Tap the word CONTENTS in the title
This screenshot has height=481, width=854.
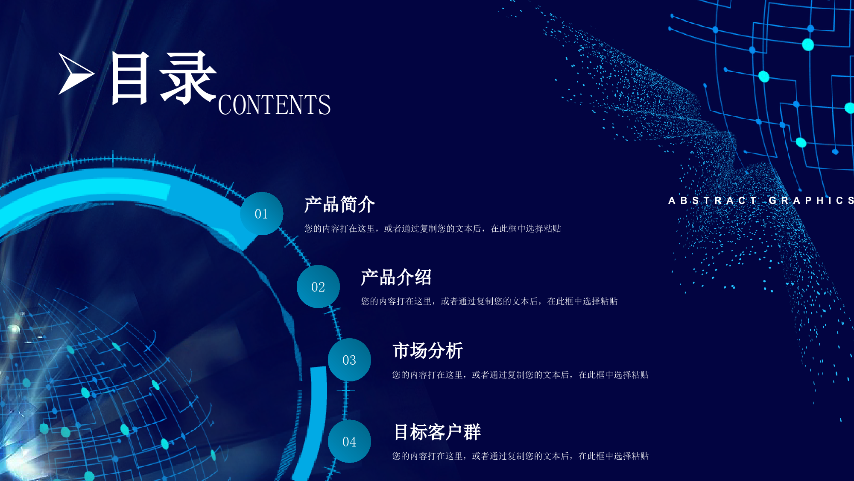(274, 105)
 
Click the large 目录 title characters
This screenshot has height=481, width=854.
(163, 78)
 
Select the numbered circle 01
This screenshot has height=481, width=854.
(261, 213)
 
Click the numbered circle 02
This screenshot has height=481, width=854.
(318, 286)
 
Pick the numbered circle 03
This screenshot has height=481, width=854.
(349, 360)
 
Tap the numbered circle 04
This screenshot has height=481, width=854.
(349, 441)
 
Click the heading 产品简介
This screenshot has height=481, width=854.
(339, 204)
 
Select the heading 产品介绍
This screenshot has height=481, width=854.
(396, 277)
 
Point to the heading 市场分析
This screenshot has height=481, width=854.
(428, 351)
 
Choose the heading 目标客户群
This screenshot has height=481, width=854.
(437, 432)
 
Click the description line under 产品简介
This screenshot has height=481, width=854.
(433, 229)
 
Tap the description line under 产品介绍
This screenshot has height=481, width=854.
(489, 301)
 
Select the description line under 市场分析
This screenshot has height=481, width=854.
(521, 375)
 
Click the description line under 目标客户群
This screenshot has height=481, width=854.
(521, 456)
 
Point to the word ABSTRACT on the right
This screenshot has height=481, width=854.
(712, 201)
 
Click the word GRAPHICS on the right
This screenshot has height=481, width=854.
(811, 201)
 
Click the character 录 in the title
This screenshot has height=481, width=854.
(188, 78)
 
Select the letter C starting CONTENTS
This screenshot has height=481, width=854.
(225, 105)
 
